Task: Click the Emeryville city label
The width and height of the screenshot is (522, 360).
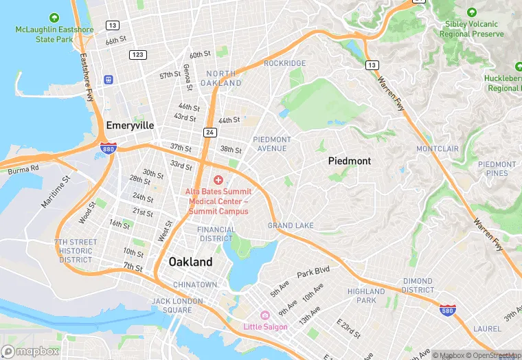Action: (x=130, y=126)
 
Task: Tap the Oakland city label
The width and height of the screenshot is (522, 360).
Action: (x=190, y=262)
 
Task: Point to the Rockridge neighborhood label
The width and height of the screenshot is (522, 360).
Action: (x=285, y=63)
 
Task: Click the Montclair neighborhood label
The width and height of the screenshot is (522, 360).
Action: (x=437, y=148)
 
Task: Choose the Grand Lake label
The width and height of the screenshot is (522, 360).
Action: (x=291, y=225)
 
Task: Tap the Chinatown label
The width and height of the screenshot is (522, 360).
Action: (x=195, y=284)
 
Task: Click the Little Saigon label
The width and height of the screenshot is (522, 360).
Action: (x=265, y=326)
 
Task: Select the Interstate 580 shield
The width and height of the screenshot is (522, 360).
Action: (x=447, y=311)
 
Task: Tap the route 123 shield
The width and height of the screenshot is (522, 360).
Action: (x=138, y=54)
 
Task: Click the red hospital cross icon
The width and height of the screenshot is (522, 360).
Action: (x=218, y=179)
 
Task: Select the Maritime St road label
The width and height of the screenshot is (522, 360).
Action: (x=56, y=192)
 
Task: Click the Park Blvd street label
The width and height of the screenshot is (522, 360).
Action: (x=313, y=273)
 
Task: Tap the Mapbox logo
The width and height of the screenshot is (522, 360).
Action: (x=30, y=351)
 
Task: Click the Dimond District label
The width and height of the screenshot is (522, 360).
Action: (x=417, y=285)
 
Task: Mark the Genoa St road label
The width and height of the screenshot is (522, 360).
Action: (x=188, y=78)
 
